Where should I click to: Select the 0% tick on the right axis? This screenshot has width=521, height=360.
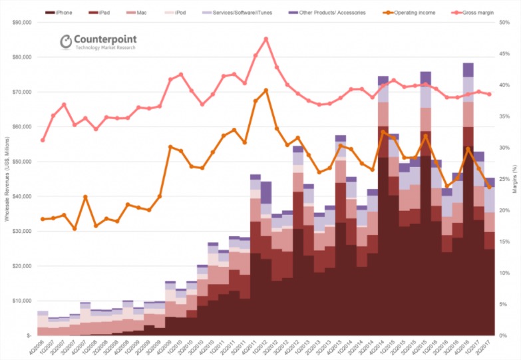click(504, 335)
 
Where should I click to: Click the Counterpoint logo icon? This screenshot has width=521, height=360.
click(67, 42)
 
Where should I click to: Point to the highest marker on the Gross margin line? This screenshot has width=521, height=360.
click(266, 39)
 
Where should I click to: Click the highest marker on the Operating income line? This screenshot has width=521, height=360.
click(266, 90)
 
